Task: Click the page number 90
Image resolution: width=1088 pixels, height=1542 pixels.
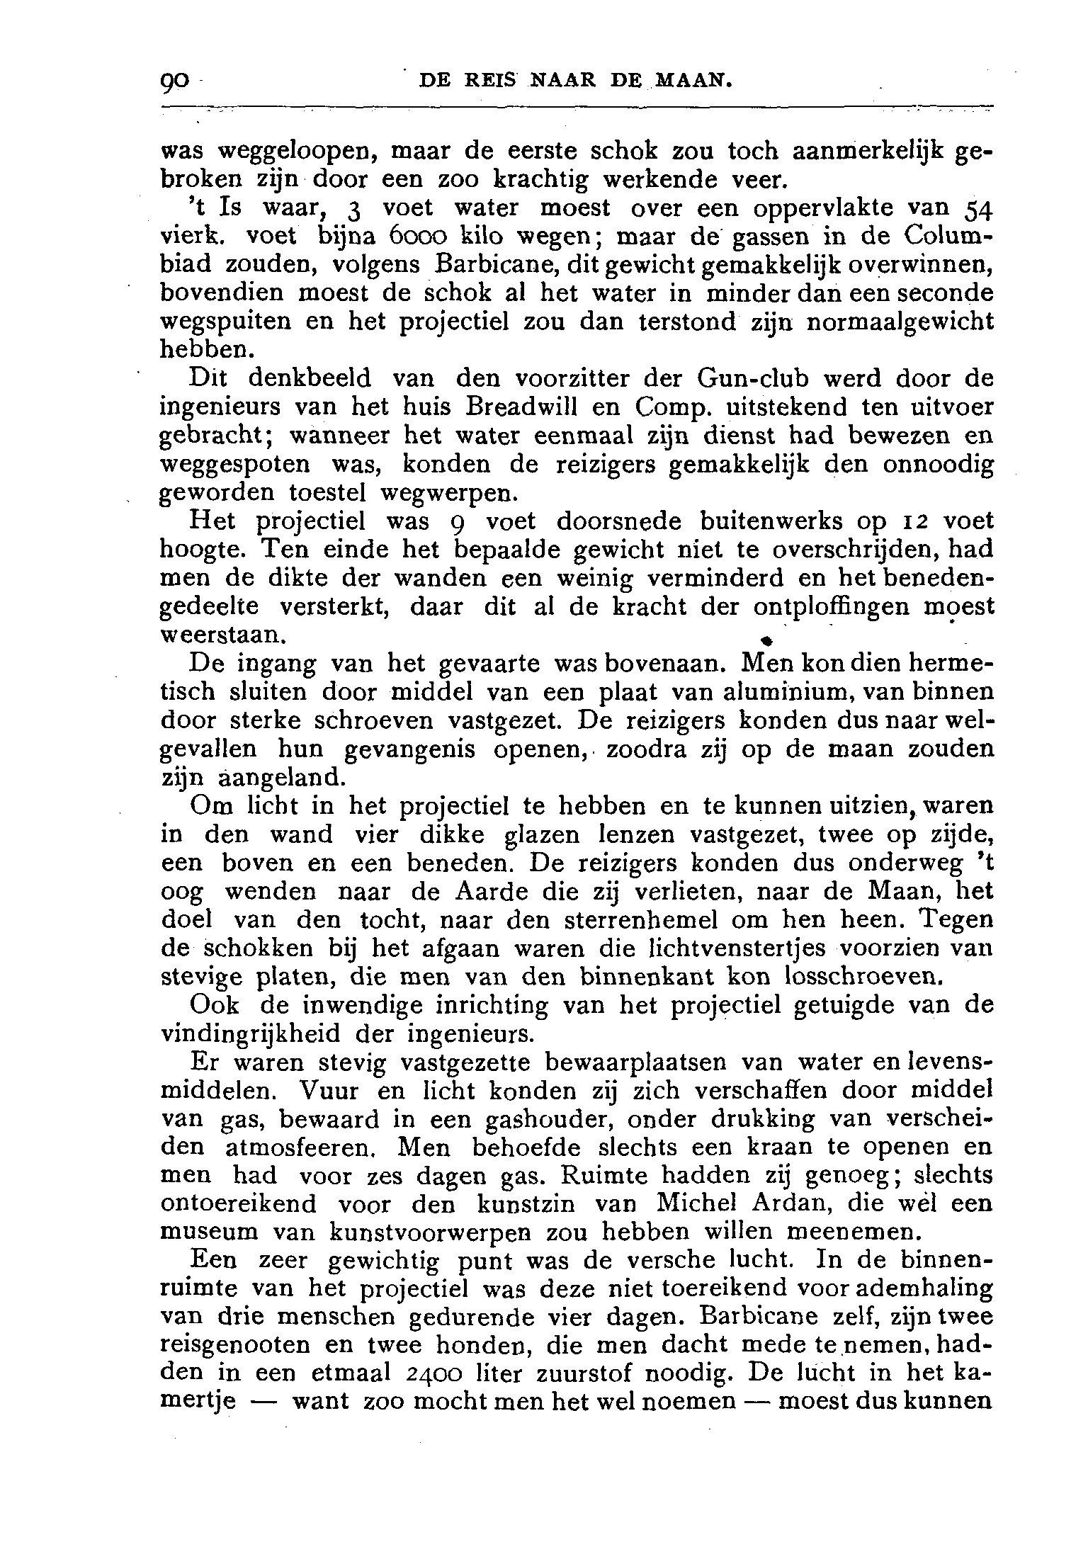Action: tap(174, 83)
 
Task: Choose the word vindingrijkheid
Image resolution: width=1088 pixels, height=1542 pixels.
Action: tap(253, 1033)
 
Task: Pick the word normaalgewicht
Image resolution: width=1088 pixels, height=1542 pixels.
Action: tap(901, 322)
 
